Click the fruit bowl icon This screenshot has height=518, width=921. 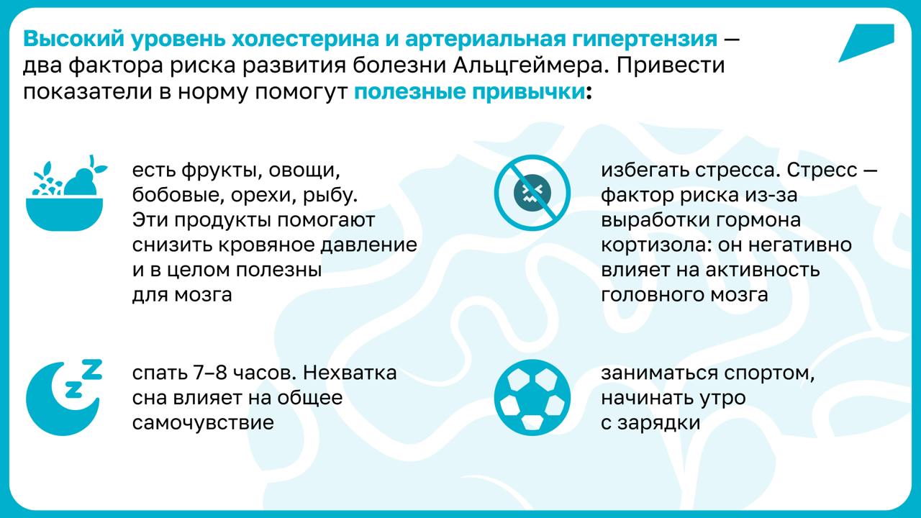[65, 194]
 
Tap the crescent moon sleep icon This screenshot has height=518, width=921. [62, 403]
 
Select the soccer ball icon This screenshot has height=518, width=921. [532, 398]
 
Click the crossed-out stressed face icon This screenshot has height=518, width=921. [532, 192]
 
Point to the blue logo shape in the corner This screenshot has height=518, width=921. [868, 42]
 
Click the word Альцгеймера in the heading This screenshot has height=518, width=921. [530, 65]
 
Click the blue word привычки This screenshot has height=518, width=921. [528, 91]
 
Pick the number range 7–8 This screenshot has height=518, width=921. [209, 373]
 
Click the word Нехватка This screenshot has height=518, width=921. [350, 373]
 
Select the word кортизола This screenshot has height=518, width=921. [656, 245]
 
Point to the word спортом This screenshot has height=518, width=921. [769, 373]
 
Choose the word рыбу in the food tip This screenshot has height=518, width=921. [330, 196]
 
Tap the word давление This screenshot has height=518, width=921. [368, 246]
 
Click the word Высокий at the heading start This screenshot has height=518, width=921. [74, 39]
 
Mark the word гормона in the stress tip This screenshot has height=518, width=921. [758, 221]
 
